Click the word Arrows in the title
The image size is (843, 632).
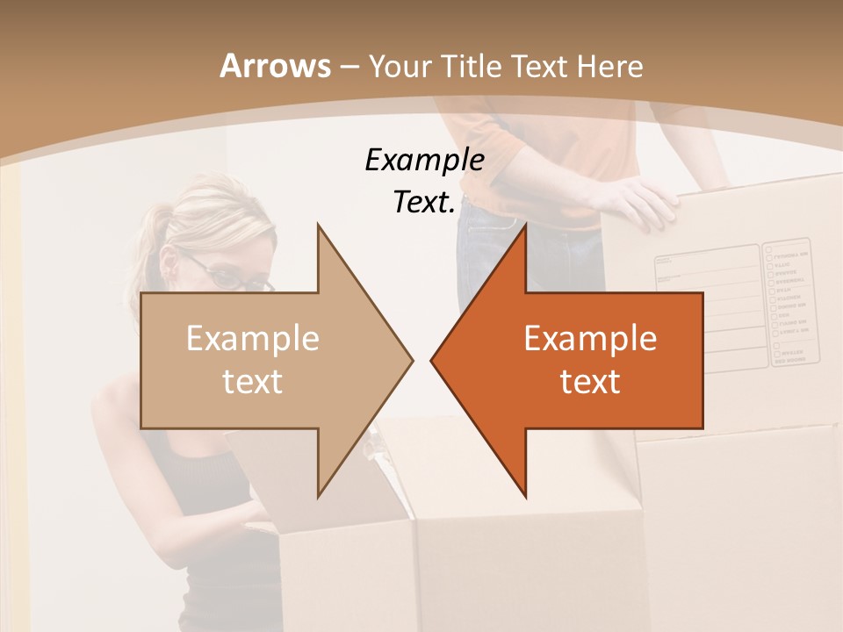tap(274, 66)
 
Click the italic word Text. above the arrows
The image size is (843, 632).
tap(424, 203)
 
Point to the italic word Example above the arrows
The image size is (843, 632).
tap(424, 161)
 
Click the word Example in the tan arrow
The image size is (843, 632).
tap(253, 339)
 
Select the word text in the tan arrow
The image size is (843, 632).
tap(253, 381)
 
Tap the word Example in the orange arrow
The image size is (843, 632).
tap(590, 339)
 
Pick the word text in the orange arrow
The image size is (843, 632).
tap(590, 381)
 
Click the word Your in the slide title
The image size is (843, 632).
tap(400, 66)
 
